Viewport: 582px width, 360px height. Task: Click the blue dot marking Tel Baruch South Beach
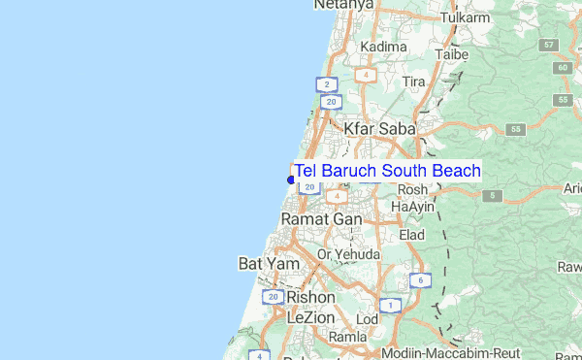point(291,180)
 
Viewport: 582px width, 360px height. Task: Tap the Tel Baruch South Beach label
point(387,172)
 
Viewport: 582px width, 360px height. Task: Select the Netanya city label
point(343,5)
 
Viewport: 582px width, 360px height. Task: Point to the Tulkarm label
point(462,18)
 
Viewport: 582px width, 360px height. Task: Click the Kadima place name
point(383,47)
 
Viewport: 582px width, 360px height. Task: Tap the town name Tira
point(414,82)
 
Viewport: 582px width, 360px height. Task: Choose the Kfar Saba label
point(379,128)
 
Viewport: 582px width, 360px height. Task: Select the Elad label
point(412,235)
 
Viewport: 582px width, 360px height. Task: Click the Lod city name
point(368,318)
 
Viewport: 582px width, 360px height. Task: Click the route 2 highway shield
point(327,84)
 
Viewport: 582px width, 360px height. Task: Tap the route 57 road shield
point(550,46)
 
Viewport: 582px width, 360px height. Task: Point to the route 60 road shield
point(563,67)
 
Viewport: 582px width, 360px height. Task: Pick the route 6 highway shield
point(419,280)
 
